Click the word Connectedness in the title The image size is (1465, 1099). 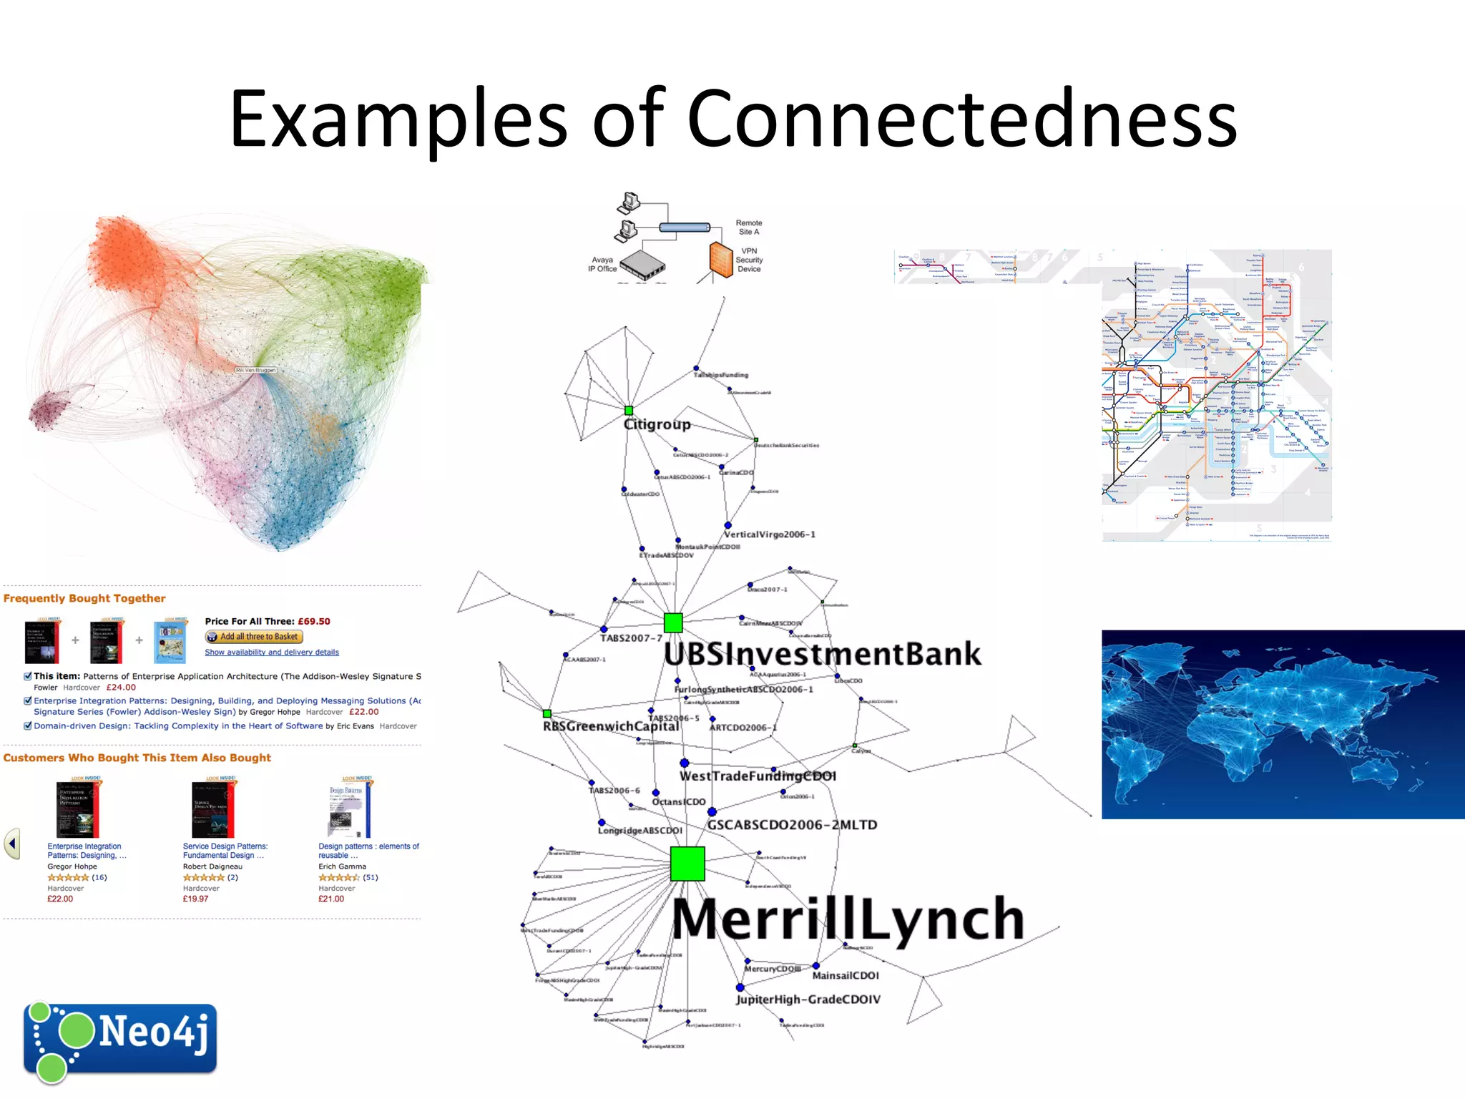(961, 119)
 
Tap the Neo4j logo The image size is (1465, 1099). (120, 1039)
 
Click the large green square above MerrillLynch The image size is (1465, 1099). (687, 864)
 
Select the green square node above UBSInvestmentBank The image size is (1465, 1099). (673, 622)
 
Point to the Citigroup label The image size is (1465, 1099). (657, 424)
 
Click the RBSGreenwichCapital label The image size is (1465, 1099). (611, 726)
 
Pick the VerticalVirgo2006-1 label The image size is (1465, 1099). (770, 534)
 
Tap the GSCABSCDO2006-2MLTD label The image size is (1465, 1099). (792, 825)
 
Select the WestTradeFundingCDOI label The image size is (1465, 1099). (758, 776)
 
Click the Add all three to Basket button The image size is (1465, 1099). (254, 637)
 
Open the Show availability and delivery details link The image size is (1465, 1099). (272, 653)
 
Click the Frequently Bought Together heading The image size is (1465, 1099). (84, 598)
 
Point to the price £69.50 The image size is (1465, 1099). (314, 621)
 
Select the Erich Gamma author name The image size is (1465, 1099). (342, 866)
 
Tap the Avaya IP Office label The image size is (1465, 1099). (602, 265)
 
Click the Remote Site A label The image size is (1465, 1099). (749, 228)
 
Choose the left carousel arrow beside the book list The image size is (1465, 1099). (12, 844)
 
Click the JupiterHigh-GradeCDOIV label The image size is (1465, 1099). (808, 1000)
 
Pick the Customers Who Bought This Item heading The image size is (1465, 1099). (137, 758)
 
